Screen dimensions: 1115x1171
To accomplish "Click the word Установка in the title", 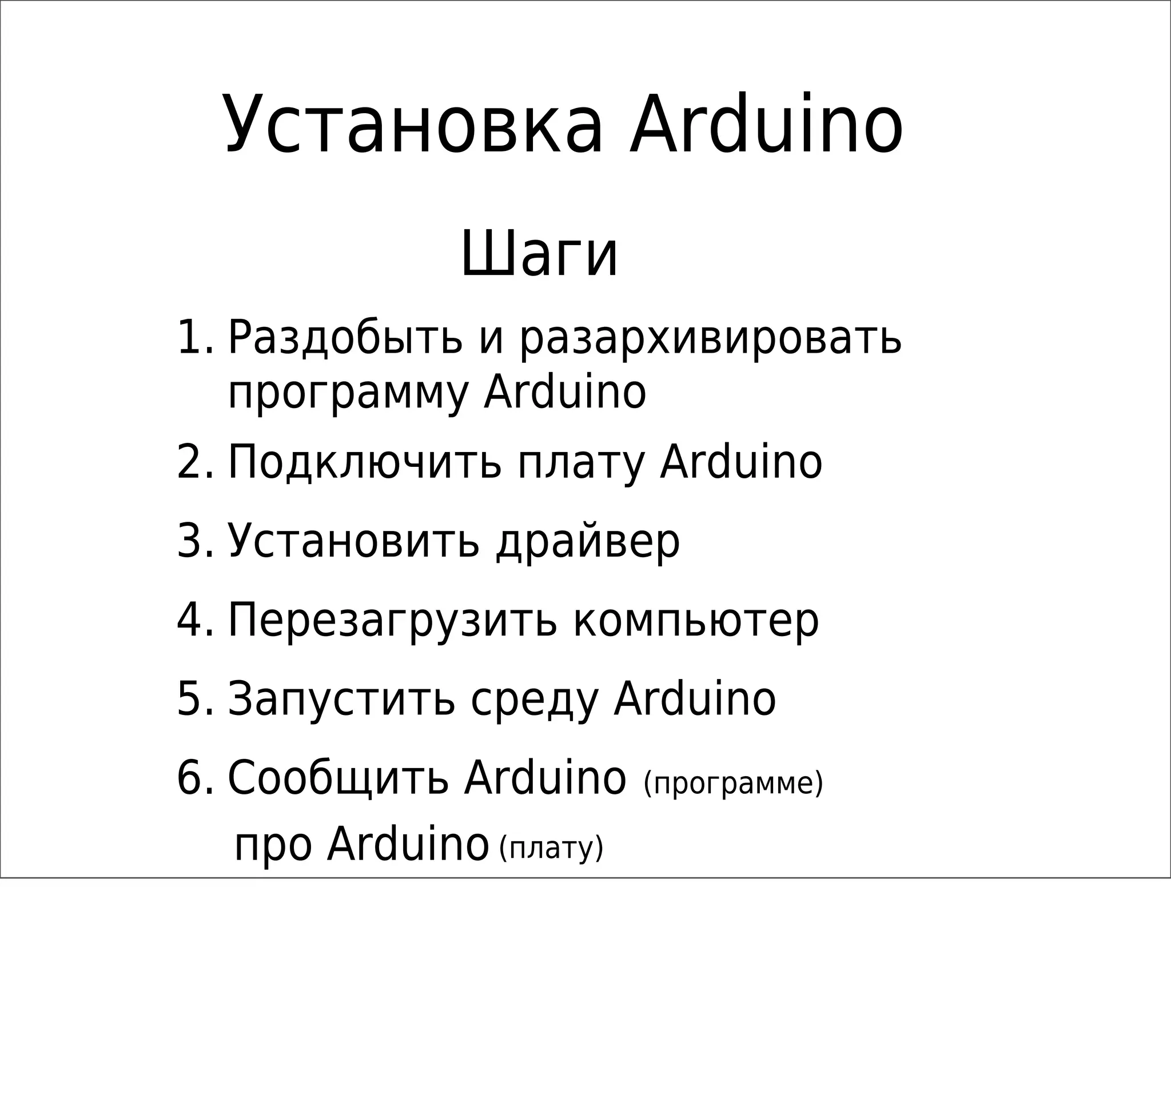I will (x=413, y=126).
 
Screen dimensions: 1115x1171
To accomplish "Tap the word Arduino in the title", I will (x=767, y=126).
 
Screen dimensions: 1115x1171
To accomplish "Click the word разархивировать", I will (x=711, y=338).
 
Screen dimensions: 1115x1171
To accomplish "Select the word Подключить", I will (x=365, y=462).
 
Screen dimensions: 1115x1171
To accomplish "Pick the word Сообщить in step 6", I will (x=338, y=778).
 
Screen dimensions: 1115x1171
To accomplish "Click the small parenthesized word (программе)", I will (x=732, y=784).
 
